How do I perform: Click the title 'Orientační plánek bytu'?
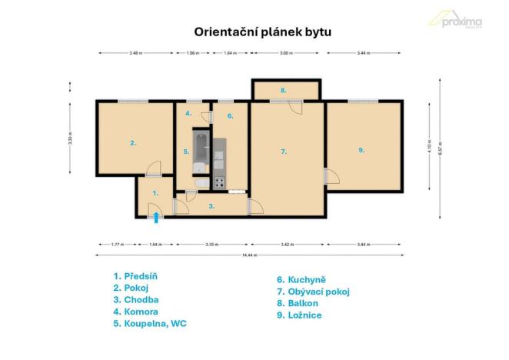pos(254,32)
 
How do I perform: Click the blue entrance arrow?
pos(156,217)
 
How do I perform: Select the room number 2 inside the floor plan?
pos(133,142)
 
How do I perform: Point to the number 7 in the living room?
pos(284,152)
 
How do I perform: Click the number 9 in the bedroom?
pos(361,150)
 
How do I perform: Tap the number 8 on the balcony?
pos(284,91)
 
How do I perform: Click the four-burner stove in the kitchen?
pos(219,183)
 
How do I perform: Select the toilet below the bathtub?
pos(199,182)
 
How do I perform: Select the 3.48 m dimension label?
pos(135,53)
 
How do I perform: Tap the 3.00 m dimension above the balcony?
pos(285,53)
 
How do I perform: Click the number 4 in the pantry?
pos(188,114)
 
